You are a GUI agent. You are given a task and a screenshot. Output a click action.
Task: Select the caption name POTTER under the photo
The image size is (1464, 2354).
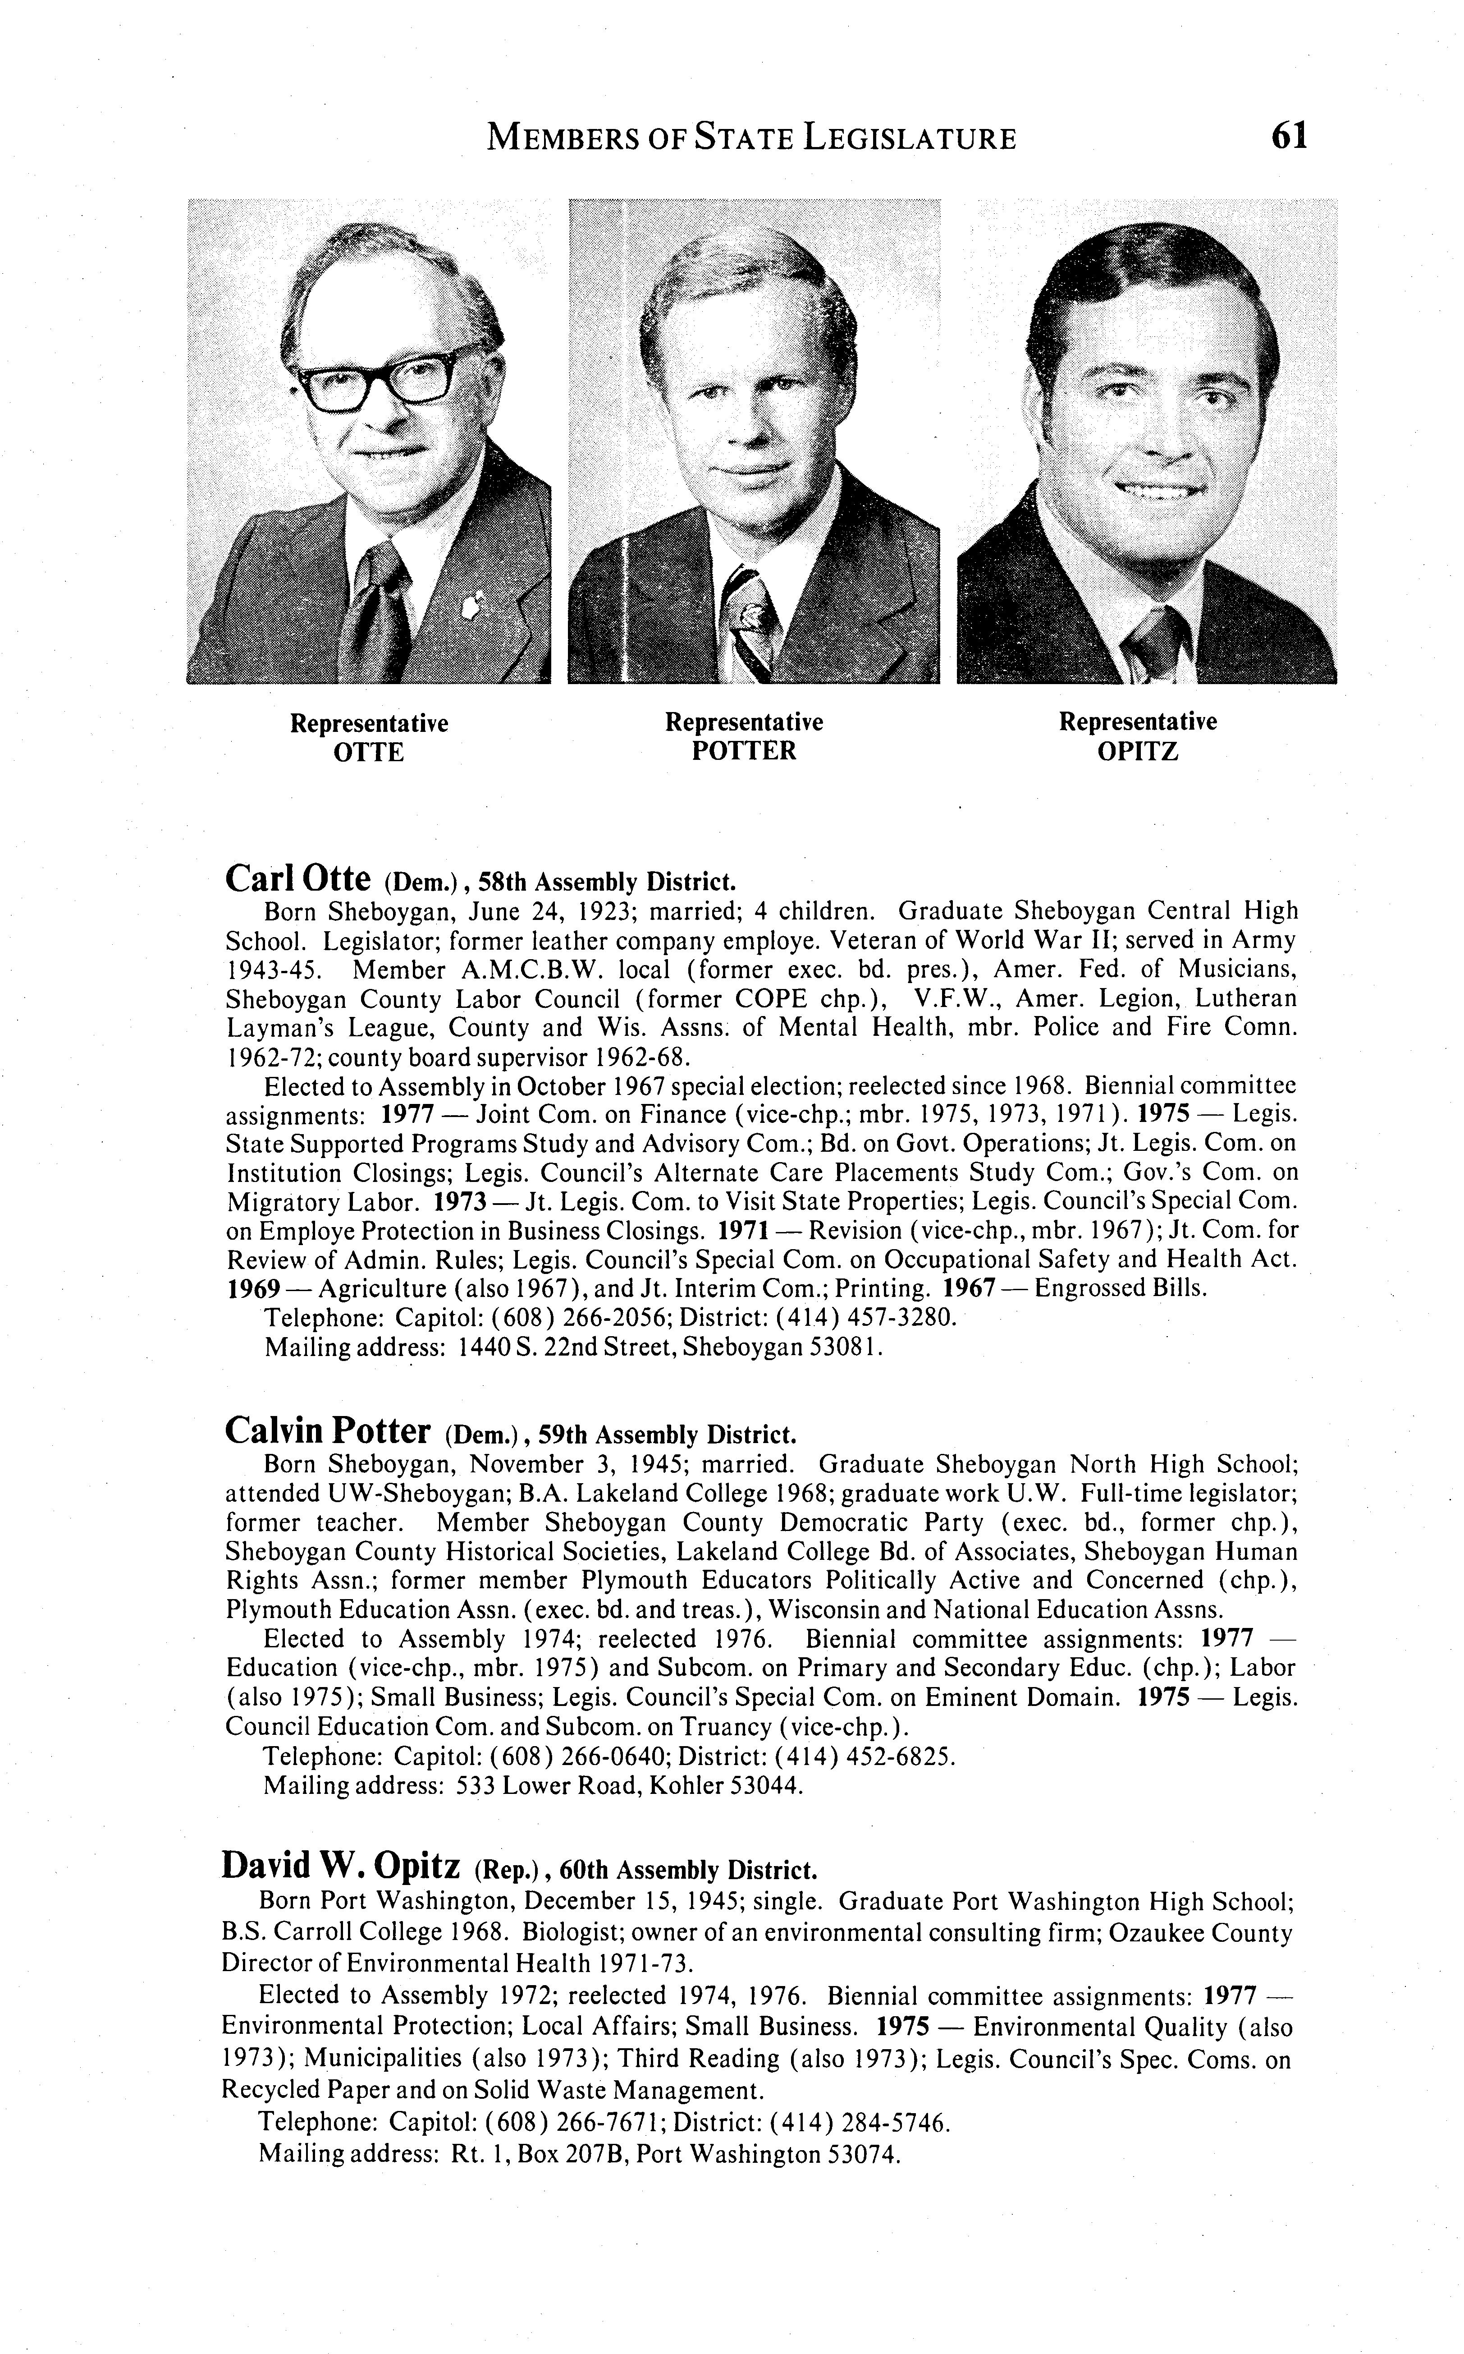coord(744,751)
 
